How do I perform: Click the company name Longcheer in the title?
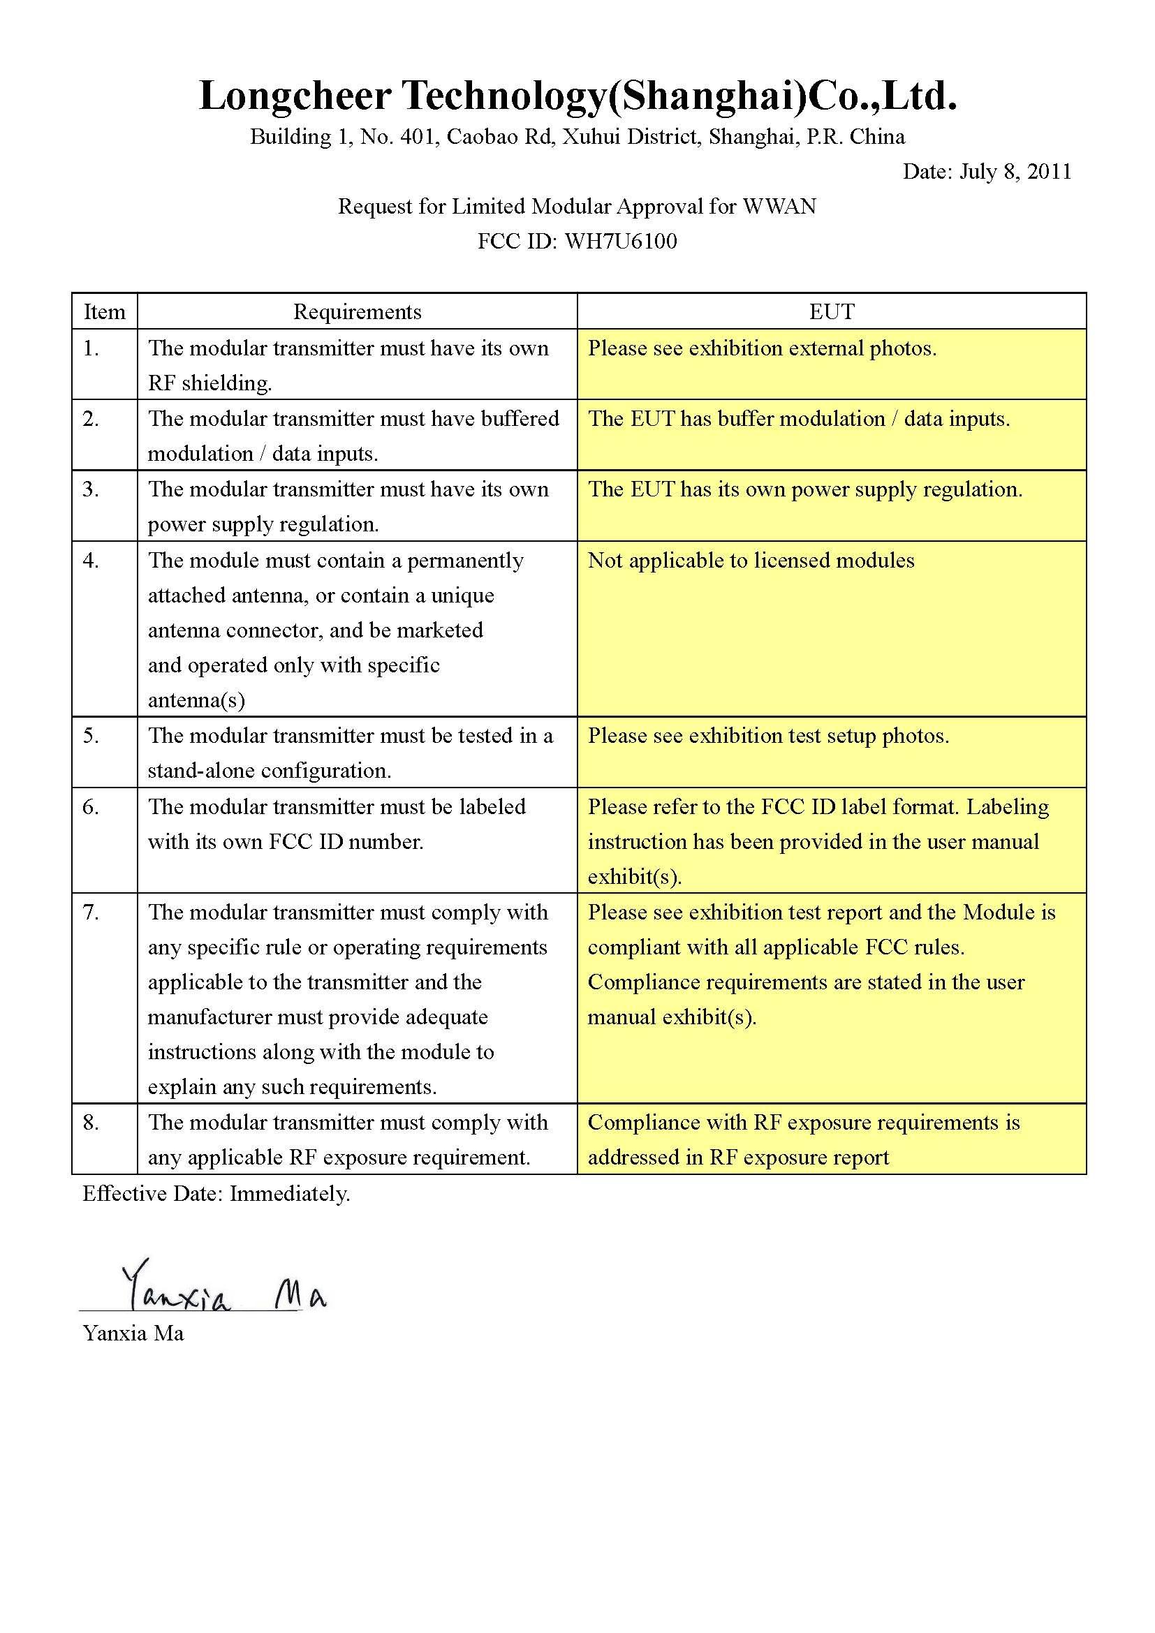click(295, 97)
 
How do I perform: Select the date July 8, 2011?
click(1015, 172)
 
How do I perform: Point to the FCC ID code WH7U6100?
click(620, 241)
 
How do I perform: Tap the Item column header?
click(104, 311)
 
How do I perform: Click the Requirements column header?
click(357, 311)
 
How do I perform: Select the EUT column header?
click(831, 311)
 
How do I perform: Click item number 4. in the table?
click(90, 561)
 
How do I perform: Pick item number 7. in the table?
click(90, 912)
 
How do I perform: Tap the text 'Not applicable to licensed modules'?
click(750, 561)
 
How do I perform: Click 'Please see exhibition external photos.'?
click(762, 348)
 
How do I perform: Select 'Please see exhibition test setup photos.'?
click(768, 735)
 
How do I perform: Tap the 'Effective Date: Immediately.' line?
click(216, 1192)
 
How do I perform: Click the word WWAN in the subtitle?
click(779, 206)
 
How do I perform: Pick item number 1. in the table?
click(90, 348)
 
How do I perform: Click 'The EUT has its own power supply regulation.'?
click(804, 489)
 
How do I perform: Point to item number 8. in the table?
click(90, 1123)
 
